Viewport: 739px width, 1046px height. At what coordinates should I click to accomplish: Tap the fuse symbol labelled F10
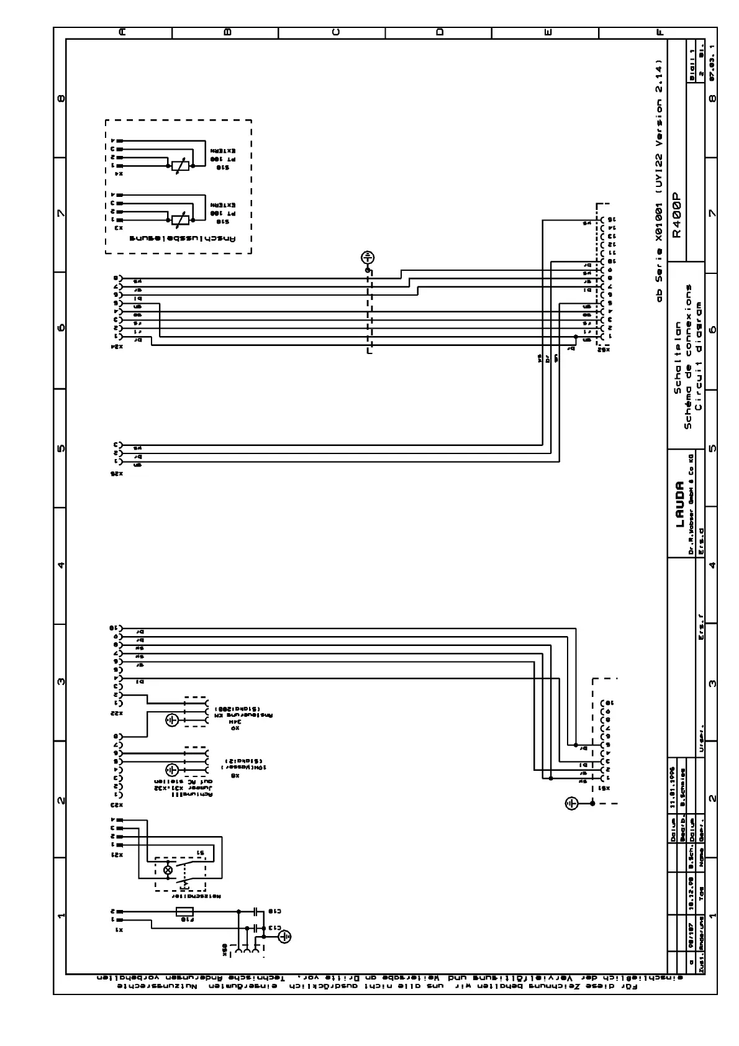point(185,912)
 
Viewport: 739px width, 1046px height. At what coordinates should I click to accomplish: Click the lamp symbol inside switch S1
point(167,870)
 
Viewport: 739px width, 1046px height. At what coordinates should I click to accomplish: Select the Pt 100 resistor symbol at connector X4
point(179,166)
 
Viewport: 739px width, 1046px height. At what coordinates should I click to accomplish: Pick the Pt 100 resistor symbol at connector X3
point(179,219)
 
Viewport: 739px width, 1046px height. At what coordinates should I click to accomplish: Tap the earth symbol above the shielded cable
point(368,257)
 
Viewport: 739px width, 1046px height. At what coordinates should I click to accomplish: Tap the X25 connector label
point(116,473)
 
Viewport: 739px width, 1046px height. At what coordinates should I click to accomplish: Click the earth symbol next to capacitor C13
point(284,936)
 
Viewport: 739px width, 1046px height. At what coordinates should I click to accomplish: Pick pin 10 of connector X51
point(609,702)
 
